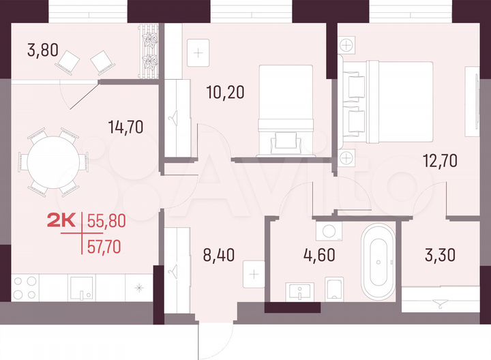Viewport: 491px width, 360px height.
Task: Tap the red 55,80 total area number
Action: tap(108, 220)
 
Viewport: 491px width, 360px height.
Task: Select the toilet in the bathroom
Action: tap(334, 288)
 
